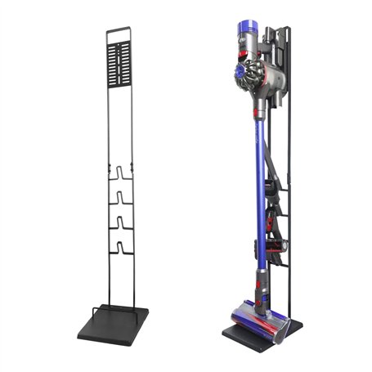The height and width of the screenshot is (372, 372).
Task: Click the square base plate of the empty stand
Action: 114,325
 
